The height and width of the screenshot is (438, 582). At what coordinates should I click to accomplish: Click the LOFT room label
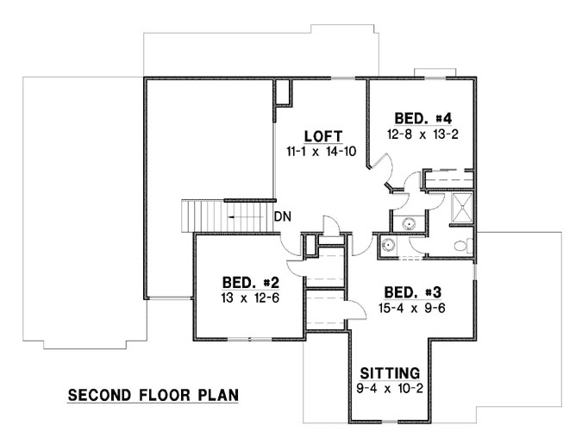point(323,136)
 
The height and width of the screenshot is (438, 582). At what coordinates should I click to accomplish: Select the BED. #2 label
point(248,283)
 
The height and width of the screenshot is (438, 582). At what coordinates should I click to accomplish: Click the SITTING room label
point(390,373)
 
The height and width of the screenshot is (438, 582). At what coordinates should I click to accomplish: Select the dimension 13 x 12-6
point(248,297)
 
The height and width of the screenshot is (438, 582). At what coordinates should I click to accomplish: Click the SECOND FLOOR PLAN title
point(153,397)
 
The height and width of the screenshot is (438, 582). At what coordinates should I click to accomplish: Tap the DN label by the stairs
point(282,216)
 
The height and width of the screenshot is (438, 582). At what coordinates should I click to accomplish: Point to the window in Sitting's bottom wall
point(390,422)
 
